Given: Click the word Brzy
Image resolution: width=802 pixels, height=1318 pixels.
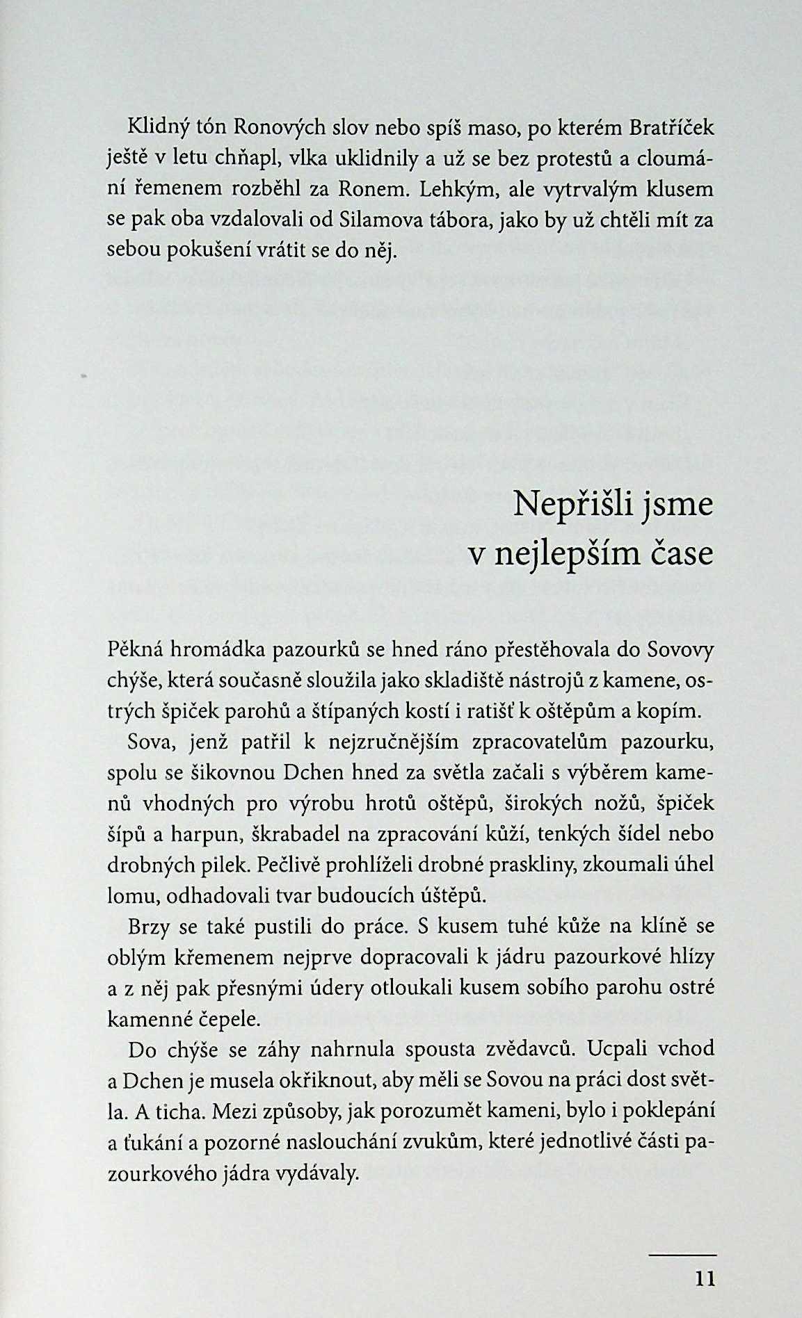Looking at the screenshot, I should [x=148, y=927].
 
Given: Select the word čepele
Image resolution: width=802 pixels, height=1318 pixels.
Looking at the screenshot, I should [x=227, y=1020].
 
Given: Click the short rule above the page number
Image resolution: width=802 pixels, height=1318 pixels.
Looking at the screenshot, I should [x=682, y=1254].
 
